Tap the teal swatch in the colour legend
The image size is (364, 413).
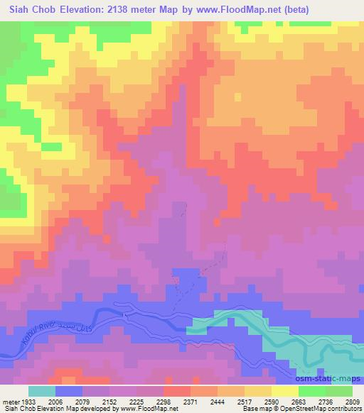point(42,391)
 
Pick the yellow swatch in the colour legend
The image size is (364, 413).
point(285,391)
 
